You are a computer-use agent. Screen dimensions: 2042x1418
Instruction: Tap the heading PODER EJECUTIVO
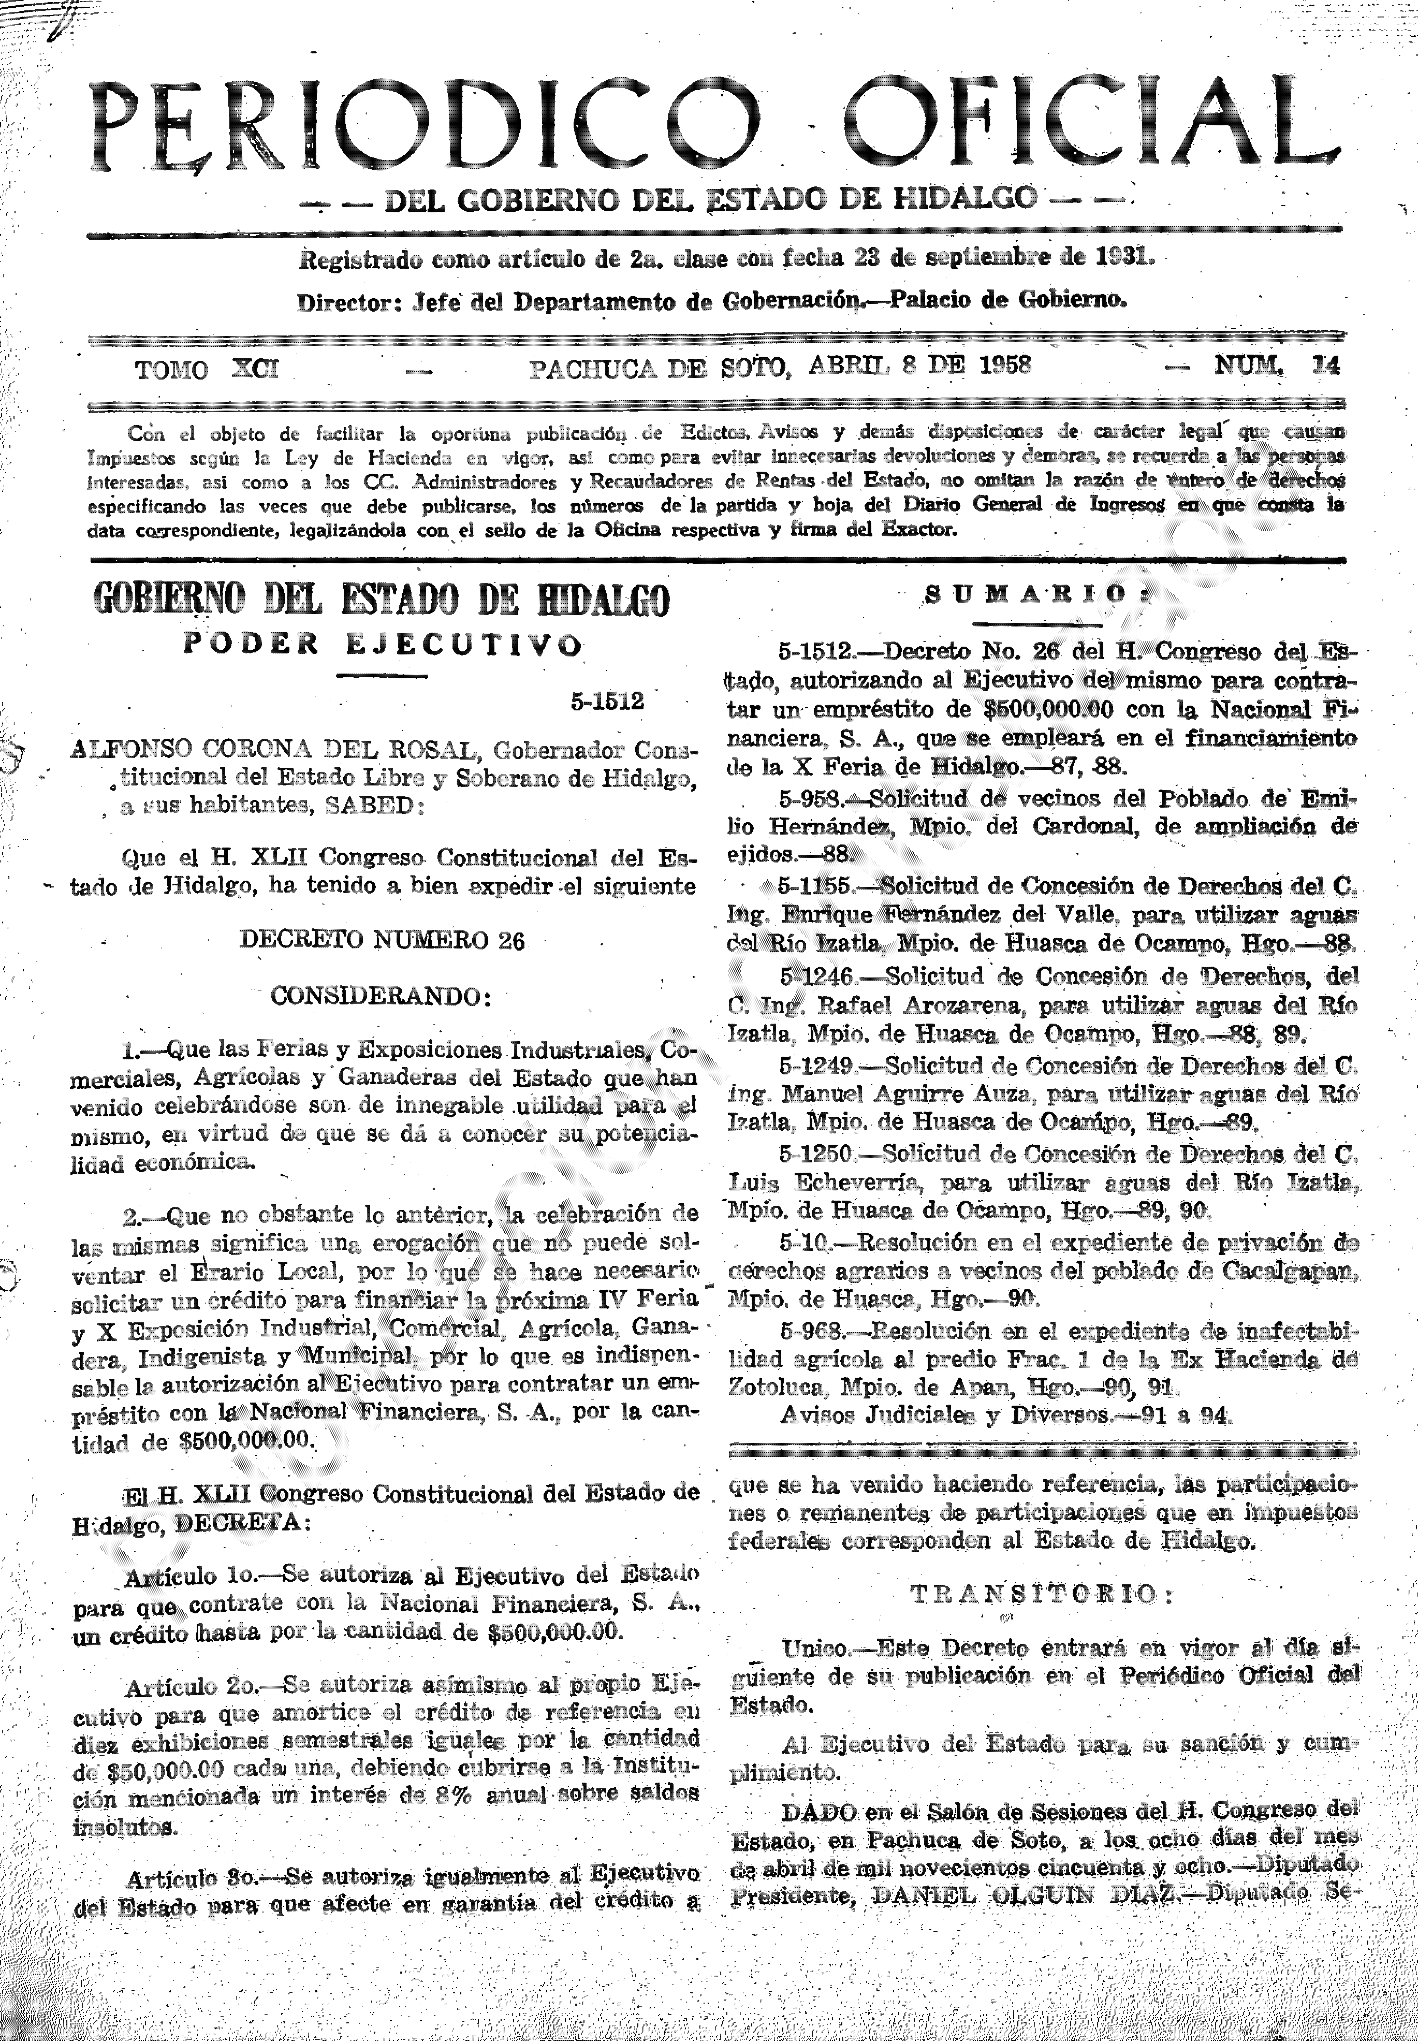tap(382, 644)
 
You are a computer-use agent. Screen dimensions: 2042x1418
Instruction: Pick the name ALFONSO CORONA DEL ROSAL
tap(275, 751)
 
